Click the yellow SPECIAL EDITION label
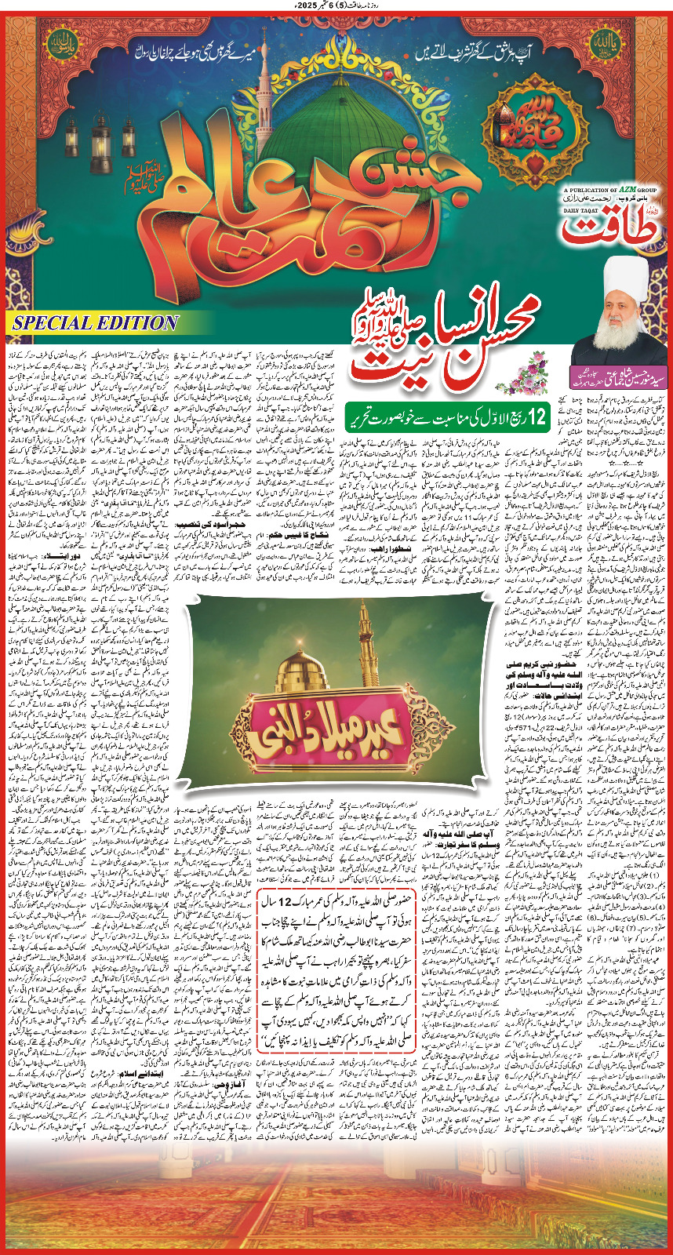tap(95, 322)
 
